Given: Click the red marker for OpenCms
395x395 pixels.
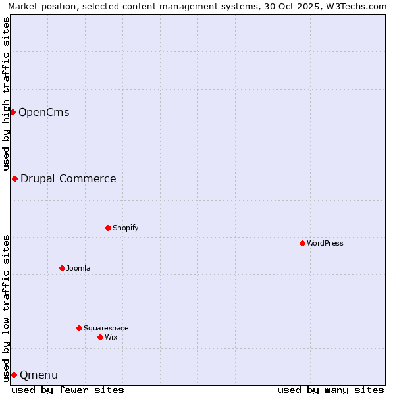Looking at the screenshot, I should pyautogui.click(x=13, y=112).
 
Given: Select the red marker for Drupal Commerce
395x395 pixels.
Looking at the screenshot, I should pyautogui.click(x=14, y=178).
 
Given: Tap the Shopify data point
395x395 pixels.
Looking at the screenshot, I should pyautogui.click(x=108, y=228).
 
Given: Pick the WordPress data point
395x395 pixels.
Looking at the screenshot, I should pyautogui.click(x=302, y=243).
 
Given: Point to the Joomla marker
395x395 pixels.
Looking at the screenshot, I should pyautogui.click(x=62, y=268).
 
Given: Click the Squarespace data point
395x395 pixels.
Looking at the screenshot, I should pyautogui.click(x=79, y=328).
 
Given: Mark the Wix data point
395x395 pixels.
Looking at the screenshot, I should pyautogui.click(x=100, y=337).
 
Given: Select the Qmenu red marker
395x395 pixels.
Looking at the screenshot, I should pyautogui.click(x=14, y=375).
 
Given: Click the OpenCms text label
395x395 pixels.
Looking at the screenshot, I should pyautogui.click(x=43, y=112).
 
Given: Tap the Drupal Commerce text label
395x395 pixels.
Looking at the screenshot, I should pyautogui.click(x=68, y=178).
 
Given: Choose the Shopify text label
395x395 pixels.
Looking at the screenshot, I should pyautogui.click(x=125, y=228).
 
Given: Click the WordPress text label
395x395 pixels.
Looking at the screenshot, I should pyautogui.click(x=325, y=243).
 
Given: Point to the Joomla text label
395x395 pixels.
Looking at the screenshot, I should pyautogui.click(x=78, y=268).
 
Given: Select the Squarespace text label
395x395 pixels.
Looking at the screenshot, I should pyautogui.click(x=106, y=328).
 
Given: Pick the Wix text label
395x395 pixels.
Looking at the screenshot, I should pyautogui.click(x=111, y=337).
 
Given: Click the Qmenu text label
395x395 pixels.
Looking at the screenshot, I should pyautogui.click(x=39, y=375).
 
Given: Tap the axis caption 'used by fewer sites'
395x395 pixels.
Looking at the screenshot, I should pyautogui.click(x=68, y=390).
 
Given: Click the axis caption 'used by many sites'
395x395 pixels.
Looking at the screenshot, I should pyautogui.click(x=330, y=390).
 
